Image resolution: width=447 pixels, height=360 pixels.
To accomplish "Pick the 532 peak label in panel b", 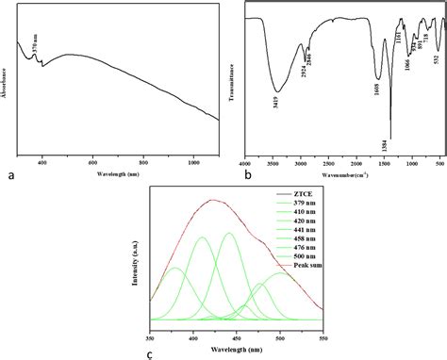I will pos(436,59).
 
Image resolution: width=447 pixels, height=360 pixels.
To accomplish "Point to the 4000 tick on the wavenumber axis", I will pos(245,164).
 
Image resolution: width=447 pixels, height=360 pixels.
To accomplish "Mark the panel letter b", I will pos(248,174).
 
